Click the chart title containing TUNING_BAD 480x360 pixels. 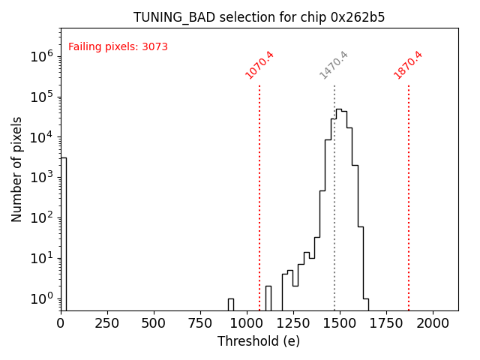tap(259, 17)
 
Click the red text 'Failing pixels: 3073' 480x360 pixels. tap(118, 47)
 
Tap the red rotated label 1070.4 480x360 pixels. tap(259, 65)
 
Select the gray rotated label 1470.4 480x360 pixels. tap(334, 65)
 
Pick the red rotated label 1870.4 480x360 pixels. tap(408, 65)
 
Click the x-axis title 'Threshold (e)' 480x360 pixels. tap(259, 341)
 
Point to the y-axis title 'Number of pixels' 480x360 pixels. tap(17, 169)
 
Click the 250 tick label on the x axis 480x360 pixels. tap(107, 322)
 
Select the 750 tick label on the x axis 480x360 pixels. tap(200, 322)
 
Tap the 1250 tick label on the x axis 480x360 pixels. tap(293, 322)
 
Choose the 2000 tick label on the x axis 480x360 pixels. tap(433, 322)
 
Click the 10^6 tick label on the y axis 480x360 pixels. tap(42, 56)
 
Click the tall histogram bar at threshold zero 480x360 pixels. tap(63, 232)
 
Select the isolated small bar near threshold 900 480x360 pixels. tap(231, 304)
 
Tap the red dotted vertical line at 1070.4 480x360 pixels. tap(259, 195)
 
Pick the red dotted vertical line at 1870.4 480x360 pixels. tap(409, 195)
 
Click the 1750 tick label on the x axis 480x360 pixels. tap(386, 322)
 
